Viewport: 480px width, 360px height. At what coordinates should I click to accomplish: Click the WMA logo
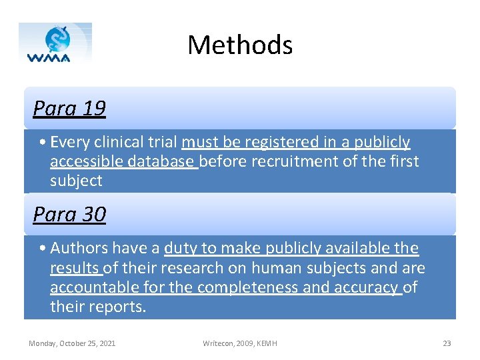(55, 43)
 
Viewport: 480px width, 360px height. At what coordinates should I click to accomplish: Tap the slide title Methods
(240, 45)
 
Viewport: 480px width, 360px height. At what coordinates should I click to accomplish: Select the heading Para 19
(69, 108)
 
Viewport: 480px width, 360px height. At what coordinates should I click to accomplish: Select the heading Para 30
(69, 214)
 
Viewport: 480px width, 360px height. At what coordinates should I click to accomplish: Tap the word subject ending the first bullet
(76, 181)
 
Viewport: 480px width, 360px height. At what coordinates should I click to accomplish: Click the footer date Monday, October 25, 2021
(72, 343)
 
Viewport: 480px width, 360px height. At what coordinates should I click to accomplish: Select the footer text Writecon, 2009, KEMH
(240, 343)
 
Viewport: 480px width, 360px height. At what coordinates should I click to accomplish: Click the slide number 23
(447, 343)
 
